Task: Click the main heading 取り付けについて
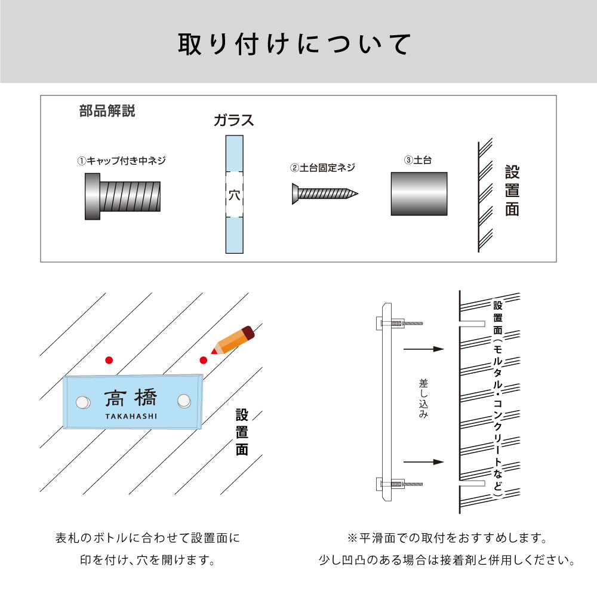pos(295,45)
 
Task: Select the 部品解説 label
pos(107,111)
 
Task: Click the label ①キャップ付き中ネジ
pos(122,161)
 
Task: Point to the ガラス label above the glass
pos(234,120)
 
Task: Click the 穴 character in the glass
pos(234,195)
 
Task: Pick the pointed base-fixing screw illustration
pos(325,194)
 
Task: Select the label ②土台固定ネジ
pos(322,168)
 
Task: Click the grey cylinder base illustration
pos(419,194)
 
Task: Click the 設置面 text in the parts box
pos(512,191)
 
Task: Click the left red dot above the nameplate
pos(108,360)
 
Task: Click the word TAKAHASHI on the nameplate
pos(131,416)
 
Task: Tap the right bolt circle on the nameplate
pos(184,401)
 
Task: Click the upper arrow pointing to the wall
pos(424,349)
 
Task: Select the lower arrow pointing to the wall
pos(424,461)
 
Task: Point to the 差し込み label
pos(423,397)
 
